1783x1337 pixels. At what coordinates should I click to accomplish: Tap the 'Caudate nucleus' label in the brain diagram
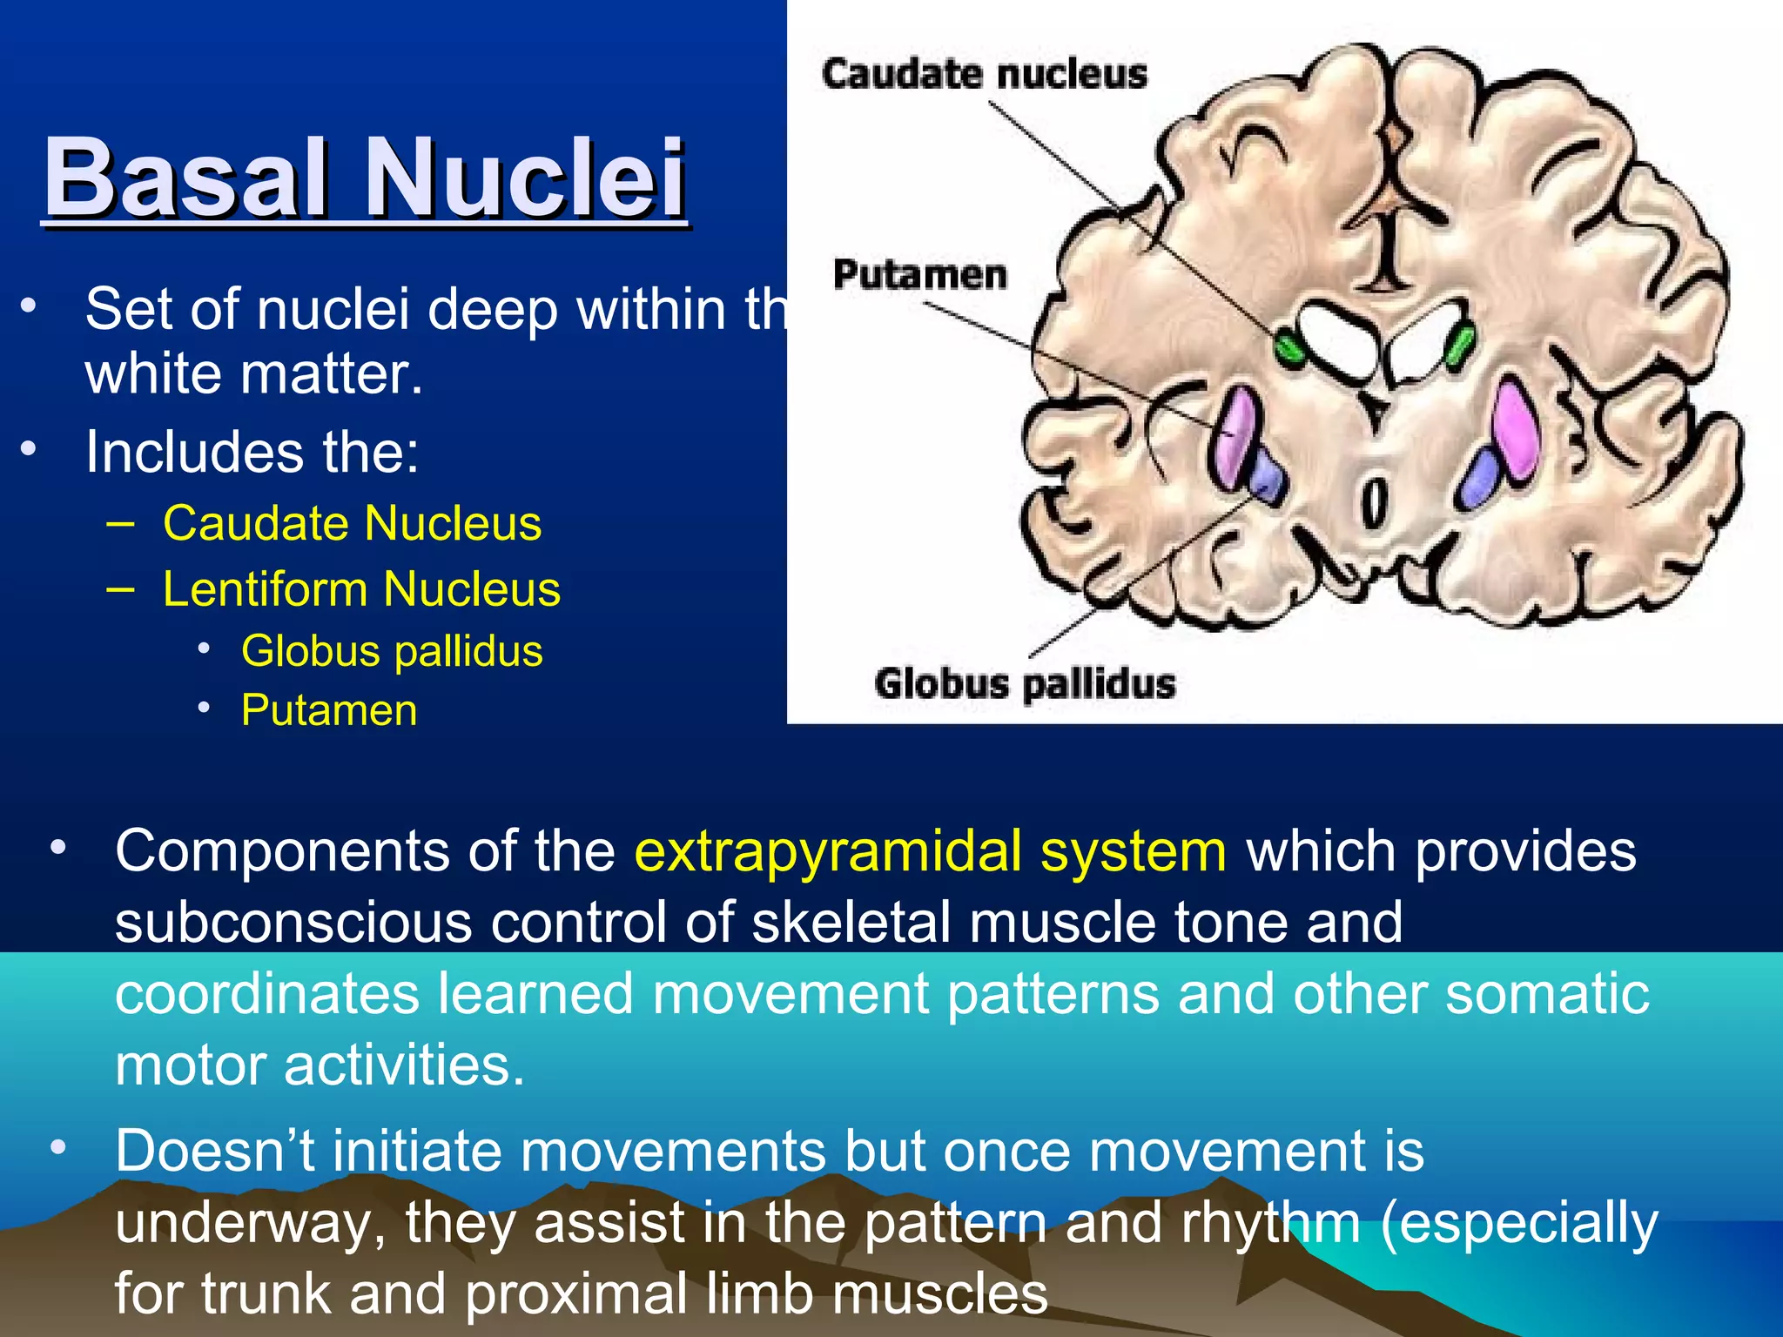click(x=984, y=73)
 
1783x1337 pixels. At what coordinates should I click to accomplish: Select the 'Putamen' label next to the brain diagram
click(x=919, y=275)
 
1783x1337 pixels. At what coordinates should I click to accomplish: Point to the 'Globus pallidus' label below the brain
click(x=1025, y=683)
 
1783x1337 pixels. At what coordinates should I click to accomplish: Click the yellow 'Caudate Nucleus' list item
click(x=352, y=523)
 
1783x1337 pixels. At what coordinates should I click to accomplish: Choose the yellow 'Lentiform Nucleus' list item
click(x=361, y=589)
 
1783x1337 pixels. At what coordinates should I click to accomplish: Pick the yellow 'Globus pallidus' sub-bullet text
click(x=392, y=651)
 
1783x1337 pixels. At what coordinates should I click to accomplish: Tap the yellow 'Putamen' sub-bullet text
click(x=329, y=710)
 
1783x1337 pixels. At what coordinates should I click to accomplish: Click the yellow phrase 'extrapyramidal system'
click(x=930, y=850)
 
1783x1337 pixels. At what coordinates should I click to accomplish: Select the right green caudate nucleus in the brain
click(x=1458, y=345)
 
